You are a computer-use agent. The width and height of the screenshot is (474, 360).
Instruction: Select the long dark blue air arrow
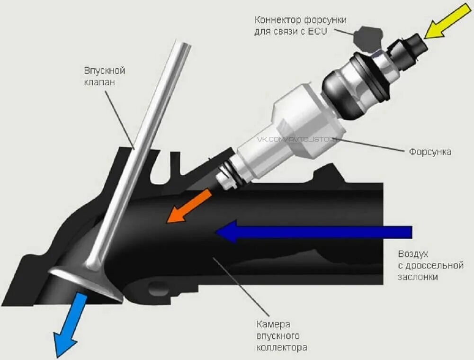tap(313, 232)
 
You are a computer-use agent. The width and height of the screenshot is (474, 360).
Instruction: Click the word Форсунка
tap(429, 152)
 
